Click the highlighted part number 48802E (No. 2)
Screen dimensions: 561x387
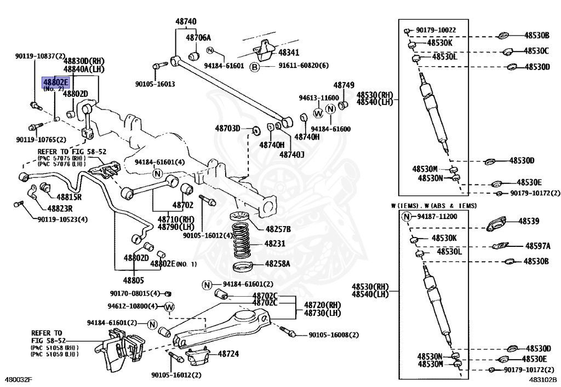tap(55, 83)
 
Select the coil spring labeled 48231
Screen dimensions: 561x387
tap(243, 241)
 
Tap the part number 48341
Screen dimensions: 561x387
tap(289, 53)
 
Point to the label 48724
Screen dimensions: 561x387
tap(228, 354)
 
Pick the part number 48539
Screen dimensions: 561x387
tap(529, 221)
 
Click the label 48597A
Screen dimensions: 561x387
tap(538, 246)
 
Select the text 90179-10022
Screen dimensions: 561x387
tap(436, 30)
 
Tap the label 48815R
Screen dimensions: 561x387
tap(69, 197)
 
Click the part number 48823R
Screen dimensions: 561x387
tap(60, 209)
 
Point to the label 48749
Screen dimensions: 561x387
tap(344, 85)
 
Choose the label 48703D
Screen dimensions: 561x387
tap(227, 128)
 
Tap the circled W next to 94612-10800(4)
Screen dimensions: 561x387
tap(169, 307)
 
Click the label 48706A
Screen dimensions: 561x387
tap(198, 38)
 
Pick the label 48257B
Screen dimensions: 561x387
tap(278, 229)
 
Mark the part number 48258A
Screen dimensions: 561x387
tap(277, 264)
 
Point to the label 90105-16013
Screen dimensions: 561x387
tap(155, 84)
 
